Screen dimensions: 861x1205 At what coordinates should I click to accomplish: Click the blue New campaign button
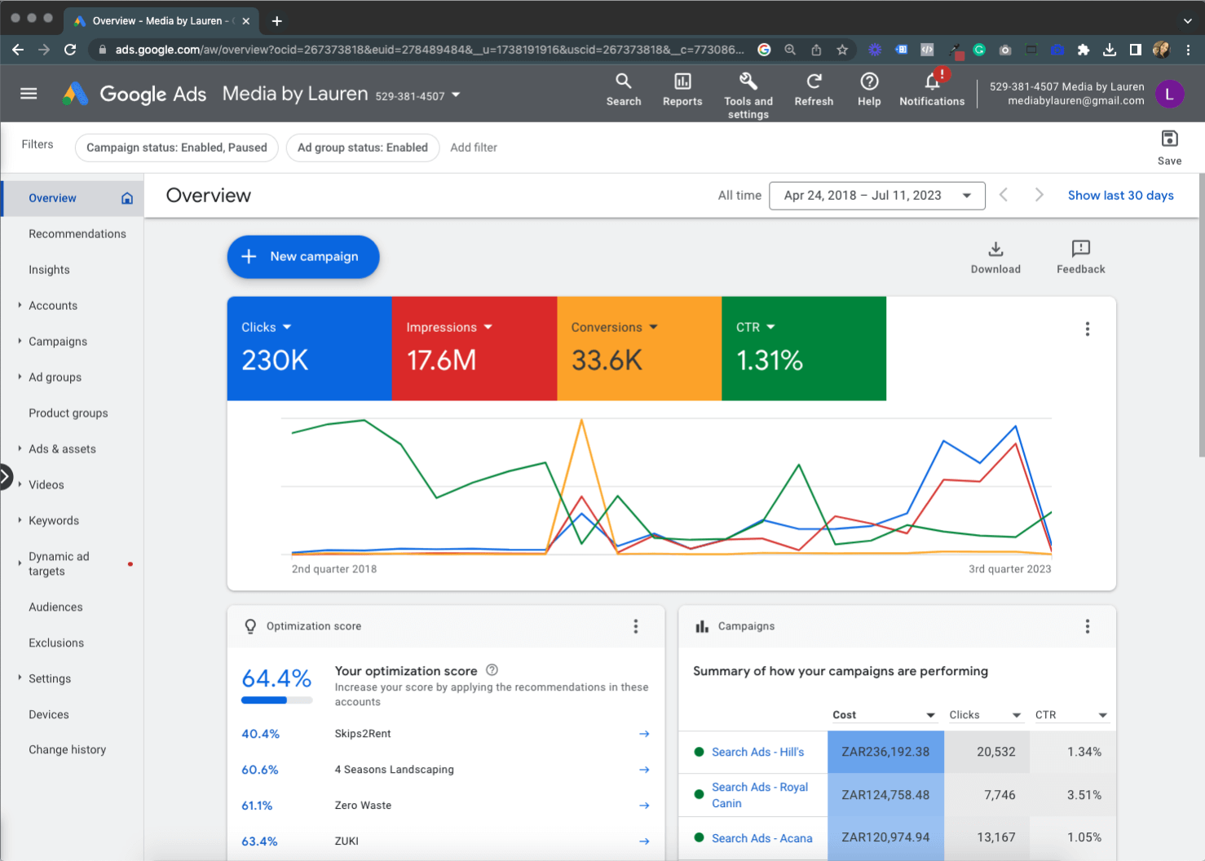point(302,257)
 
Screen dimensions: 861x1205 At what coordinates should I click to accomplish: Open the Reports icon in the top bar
point(682,82)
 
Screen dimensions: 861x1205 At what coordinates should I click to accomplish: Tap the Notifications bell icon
point(932,82)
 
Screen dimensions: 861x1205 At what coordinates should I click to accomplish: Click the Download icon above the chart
point(995,249)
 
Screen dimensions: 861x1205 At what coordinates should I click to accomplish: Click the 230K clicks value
point(275,360)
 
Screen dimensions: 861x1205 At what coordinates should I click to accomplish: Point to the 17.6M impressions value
point(441,360)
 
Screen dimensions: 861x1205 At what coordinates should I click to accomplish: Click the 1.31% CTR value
point(769,360)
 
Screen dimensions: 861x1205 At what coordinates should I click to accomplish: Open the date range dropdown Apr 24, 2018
point(876,196)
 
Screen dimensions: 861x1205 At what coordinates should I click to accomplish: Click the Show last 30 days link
point(1120,196)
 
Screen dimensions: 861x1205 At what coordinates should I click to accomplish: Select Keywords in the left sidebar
point(54,521)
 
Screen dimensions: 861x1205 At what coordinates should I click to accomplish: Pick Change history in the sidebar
point(67,750)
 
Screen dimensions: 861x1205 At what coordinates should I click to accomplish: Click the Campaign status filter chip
point(177,148)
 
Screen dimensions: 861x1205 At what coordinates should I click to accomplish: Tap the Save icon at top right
point(1169,139)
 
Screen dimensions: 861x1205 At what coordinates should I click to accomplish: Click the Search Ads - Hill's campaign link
point(757,753)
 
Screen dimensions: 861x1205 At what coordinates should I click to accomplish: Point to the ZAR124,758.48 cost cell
point(885,795)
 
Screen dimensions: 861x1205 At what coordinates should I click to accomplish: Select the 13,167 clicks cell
point(995,838)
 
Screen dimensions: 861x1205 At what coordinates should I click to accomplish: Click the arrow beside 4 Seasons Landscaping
point(644,770)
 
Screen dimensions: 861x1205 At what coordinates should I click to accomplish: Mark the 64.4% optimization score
point(276,678)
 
